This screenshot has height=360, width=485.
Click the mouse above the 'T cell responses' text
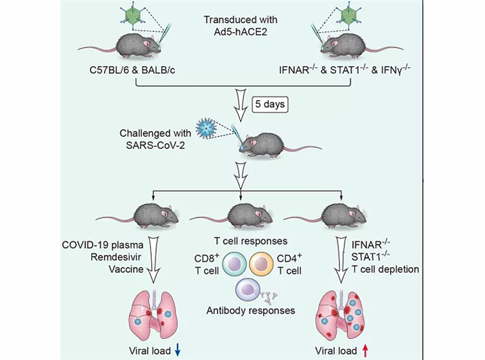241,216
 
